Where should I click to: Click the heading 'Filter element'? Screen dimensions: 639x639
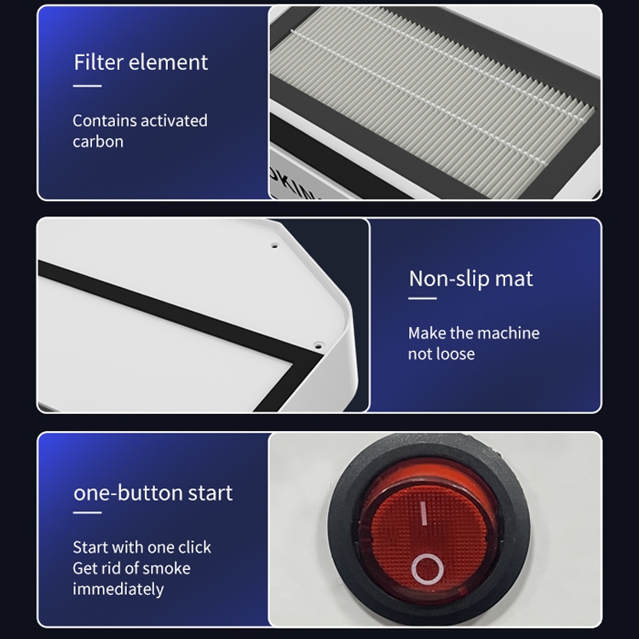click(x=141, y=62)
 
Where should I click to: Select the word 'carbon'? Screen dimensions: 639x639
click(x=98, y=141)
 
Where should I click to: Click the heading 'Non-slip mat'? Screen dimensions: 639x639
click(x=470, y=279)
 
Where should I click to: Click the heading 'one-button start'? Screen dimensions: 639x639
click(x=153, y=492)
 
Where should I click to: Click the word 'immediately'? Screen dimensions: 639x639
click(x=118, y=590)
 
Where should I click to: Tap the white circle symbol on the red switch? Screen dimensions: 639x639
click(x=428, y=569)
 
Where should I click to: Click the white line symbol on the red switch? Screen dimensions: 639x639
click(x=423, y=513)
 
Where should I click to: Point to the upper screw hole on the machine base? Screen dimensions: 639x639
click(x=274, y=245)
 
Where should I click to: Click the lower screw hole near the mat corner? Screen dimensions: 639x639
click(x=319, y=347)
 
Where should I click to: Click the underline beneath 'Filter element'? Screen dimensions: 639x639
click(x=87, y=85)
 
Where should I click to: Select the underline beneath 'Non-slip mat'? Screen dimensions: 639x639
click(x=423, y=298)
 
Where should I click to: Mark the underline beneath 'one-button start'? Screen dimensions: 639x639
click(x=87, y=513)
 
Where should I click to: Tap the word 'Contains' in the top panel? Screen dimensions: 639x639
click(x=104, y=121)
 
